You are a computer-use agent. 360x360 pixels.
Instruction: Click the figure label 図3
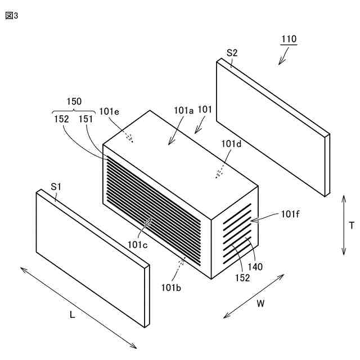[12, 15]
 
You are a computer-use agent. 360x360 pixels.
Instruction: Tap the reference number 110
[289, 40]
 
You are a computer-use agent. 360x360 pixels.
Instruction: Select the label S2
[232, 53]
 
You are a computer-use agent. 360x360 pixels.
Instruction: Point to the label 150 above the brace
[74, 101]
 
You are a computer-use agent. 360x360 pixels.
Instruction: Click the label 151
[85, 119]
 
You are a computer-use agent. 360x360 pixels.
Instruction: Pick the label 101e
[109, 111]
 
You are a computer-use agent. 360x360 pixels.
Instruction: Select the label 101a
[183, 111]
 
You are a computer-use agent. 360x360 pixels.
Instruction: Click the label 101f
[291, 214]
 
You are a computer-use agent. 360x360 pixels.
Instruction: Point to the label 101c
[137, 245]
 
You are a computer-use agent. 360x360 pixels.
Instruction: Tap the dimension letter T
[352, 226]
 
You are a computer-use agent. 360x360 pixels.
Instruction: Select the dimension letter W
[260, 304]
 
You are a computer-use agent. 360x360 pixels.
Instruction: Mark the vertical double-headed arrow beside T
[344, 225]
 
